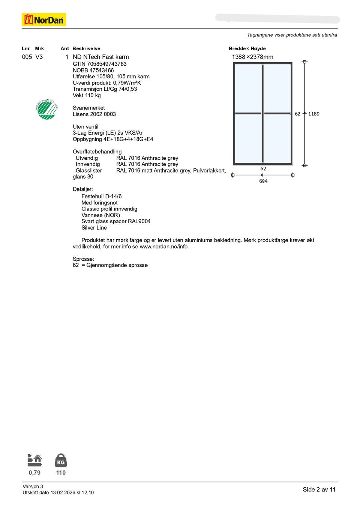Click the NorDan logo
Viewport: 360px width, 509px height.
[44, 20]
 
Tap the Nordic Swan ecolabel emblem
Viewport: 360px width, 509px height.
[46, 110]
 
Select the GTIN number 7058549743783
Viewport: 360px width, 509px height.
[107, 64]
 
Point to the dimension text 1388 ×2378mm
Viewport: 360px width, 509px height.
[252, 57]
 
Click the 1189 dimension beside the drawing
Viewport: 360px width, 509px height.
[314, 114]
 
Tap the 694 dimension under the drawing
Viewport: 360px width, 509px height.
[263, 181]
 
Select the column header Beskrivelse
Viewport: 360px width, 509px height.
[86, 49]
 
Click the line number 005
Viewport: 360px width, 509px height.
[27, 57]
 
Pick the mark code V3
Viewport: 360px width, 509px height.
[39, 57]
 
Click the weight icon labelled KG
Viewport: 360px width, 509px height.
[61, 461]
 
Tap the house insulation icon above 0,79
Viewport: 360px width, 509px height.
[34, 460]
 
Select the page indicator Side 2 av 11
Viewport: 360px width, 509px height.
[319, 489]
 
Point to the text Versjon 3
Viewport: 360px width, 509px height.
[33, 486]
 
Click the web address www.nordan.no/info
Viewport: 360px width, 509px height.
[164, 247]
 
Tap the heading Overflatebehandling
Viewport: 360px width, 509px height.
[97, 152]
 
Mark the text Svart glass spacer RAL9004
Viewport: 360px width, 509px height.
[116, 221]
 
